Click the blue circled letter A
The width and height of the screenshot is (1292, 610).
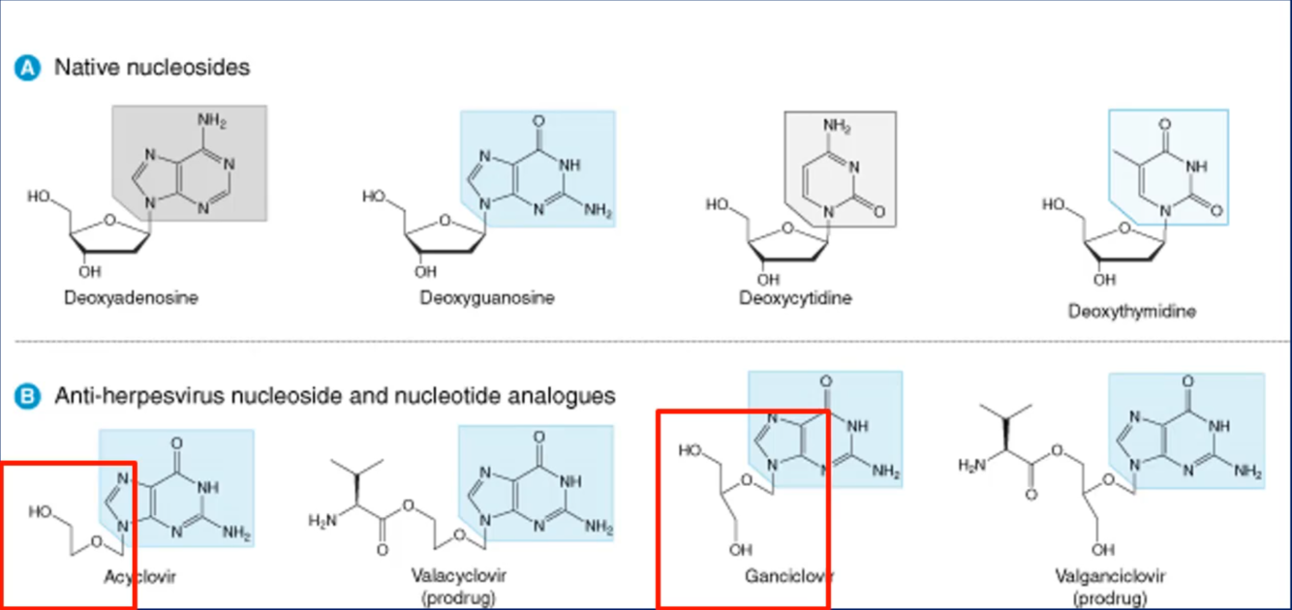coord(29,69)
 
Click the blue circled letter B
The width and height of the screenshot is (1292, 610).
coord(29,396)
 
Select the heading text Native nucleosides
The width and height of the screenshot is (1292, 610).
coord(152,68)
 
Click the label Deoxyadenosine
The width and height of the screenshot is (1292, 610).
coord(131,297)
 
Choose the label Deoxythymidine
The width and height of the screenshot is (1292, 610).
coord(1132,311)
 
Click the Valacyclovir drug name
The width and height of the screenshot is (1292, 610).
coord(458,576)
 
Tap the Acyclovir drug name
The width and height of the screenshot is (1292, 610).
coord(140,576)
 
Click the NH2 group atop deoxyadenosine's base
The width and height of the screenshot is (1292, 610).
coord(211,120)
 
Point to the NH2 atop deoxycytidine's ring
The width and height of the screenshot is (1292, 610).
coord(836,126)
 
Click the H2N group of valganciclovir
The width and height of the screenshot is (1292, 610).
coord(971,466)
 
